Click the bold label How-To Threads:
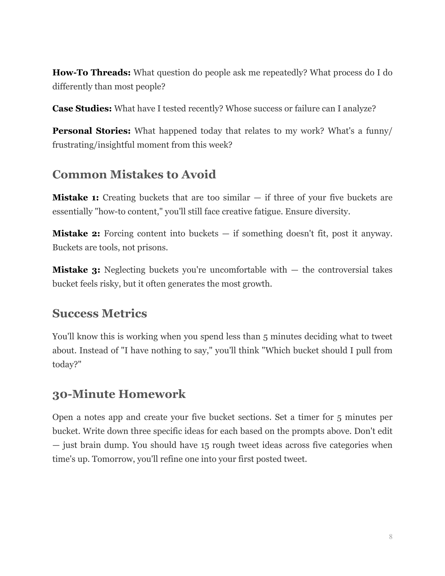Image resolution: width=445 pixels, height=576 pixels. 91,73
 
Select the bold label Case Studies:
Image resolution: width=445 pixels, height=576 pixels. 82,109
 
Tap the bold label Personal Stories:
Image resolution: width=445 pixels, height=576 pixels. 91,131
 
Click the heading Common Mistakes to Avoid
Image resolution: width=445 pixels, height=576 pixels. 134,174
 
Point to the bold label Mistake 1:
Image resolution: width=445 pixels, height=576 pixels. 76,198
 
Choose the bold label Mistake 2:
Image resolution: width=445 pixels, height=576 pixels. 76,234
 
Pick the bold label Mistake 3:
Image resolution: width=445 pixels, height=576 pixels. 76,270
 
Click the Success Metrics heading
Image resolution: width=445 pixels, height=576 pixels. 99,313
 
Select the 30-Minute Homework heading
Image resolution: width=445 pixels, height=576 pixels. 119,394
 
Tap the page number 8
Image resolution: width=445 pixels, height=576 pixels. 391,537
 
